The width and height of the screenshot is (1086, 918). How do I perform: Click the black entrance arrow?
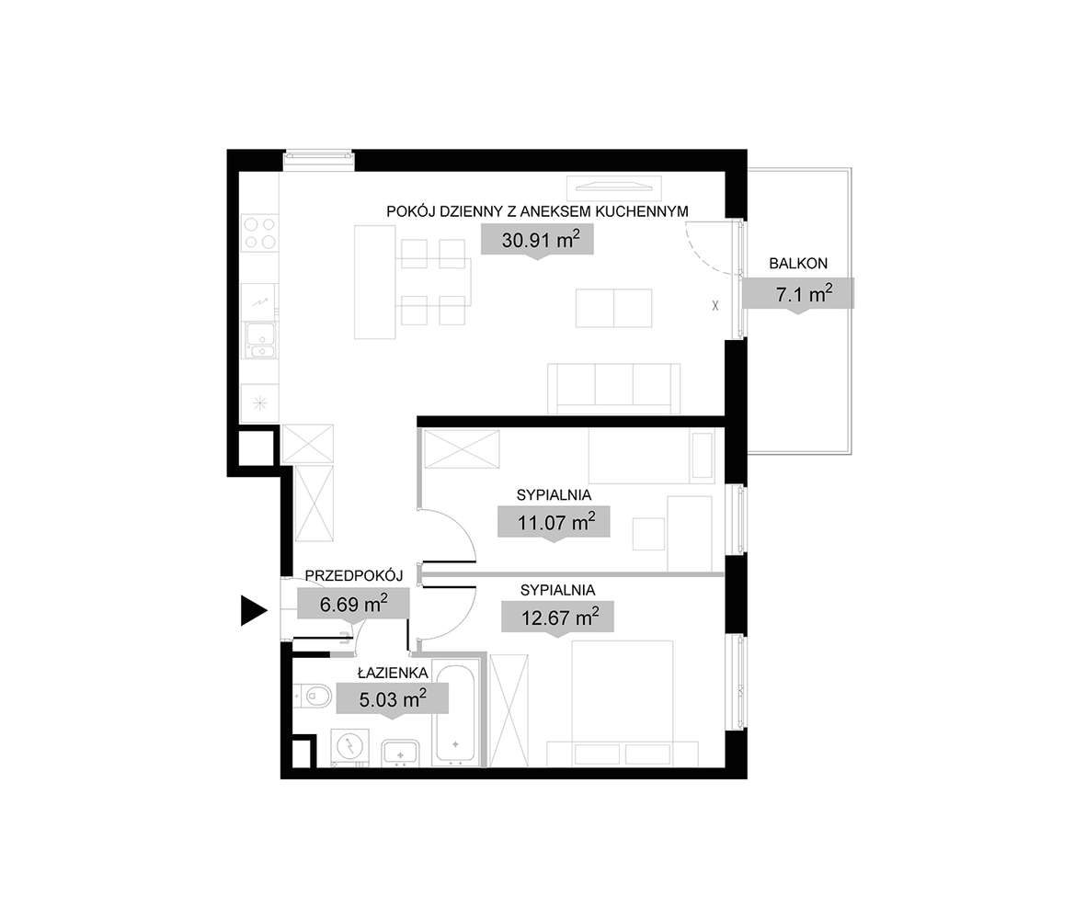coord(252,610)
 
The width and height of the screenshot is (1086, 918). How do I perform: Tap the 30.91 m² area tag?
coord(537,241)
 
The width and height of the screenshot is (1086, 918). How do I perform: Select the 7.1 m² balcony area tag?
coord(799,294)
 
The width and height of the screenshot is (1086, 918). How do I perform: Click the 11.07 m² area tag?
coord(553,523)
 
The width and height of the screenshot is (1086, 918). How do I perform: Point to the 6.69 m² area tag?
coord(353,604)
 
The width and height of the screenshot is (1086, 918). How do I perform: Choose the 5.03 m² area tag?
coord(393,699)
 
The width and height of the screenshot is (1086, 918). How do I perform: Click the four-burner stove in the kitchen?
coord(259,232)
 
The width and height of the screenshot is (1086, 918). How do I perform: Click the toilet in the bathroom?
coord(314,696)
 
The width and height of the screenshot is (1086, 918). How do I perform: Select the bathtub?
coord(457,713)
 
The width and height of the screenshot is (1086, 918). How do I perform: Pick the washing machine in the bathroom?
coord(350,747)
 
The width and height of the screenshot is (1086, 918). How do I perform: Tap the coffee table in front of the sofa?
coord(613,308)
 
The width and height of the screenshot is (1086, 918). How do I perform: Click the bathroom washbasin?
coord(400,752)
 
